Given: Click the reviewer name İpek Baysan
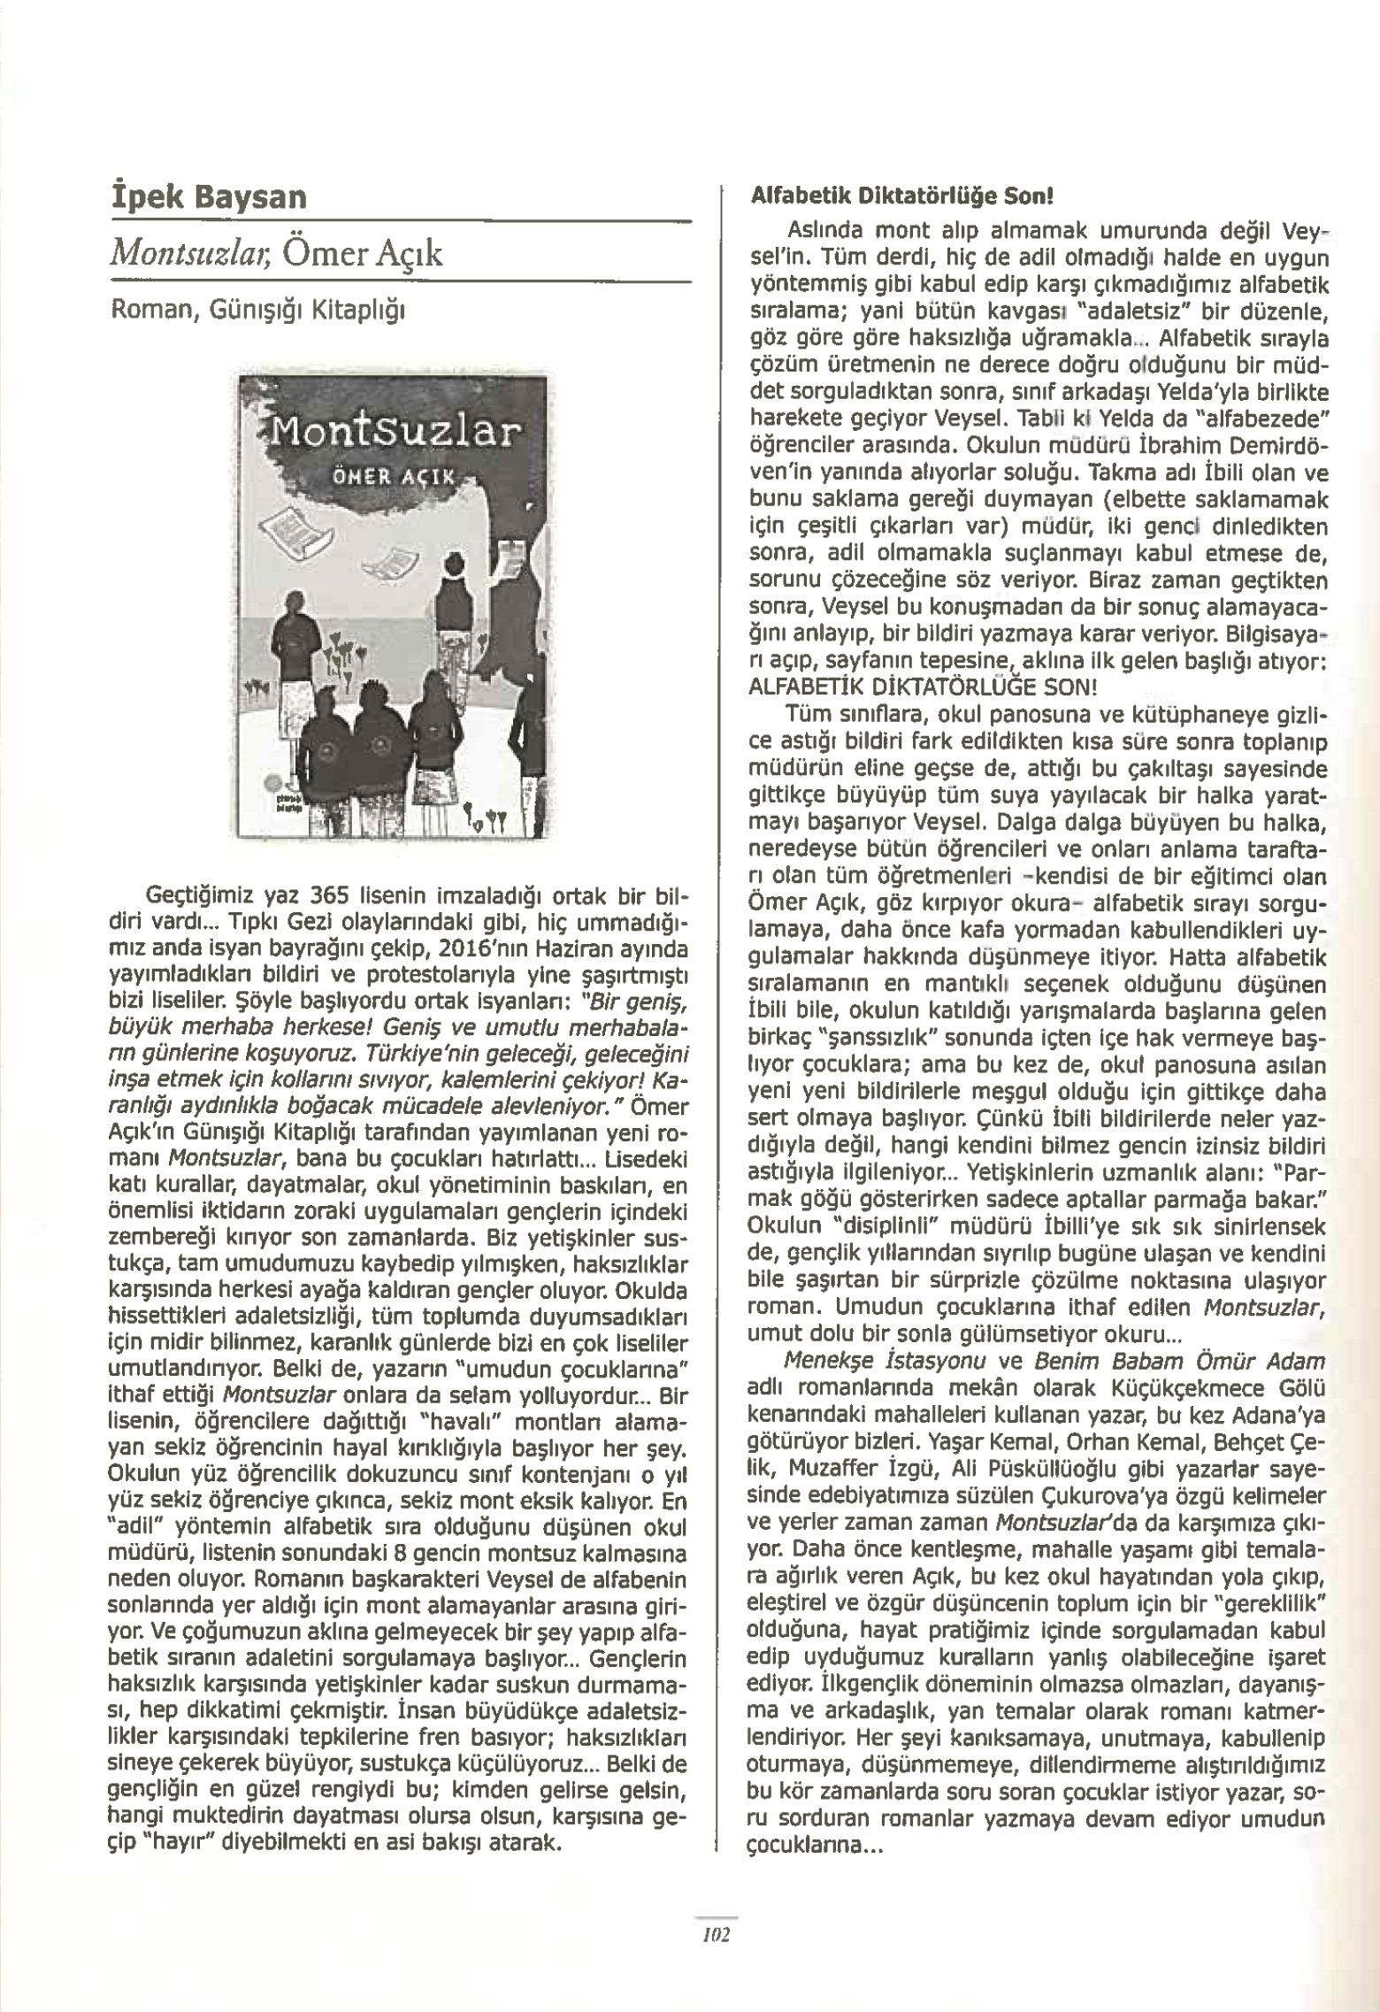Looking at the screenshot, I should pos(206,196).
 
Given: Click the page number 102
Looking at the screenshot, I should pos(715,1935).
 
